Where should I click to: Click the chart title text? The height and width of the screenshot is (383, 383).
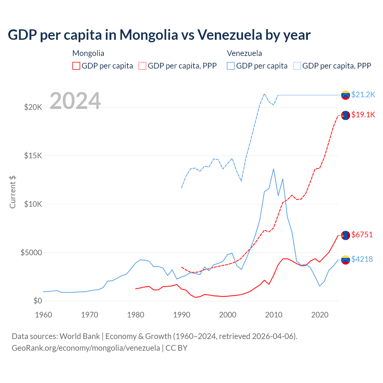[x=159, y=35]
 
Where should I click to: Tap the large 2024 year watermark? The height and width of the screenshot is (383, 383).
[x=75, y=101]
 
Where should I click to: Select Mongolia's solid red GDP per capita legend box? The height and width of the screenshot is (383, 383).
[x=76, y=66]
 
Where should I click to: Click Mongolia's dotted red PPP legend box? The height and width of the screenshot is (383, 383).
[x=143, y=66]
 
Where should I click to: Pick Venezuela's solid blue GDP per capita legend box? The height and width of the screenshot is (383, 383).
[x=231, y=66]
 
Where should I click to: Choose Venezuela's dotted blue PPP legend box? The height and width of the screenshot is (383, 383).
[x=297, y=66]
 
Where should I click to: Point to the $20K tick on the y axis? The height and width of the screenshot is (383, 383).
[x=33, y=107]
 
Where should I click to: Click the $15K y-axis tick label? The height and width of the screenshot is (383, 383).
[x=33, y=156]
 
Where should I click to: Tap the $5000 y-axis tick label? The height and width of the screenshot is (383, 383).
[x=31, y=253]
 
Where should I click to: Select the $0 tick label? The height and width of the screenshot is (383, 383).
[x=37, y=301]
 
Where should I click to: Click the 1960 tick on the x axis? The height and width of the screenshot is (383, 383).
[x=44, y=315]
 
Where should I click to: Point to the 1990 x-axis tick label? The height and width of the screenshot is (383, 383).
[x=182, y=315]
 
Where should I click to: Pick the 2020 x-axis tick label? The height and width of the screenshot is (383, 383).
[x=320, y=315]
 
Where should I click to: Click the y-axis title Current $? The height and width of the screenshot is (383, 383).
[x=13, y=192]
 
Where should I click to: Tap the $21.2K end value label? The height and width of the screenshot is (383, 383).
[x=363, y=95]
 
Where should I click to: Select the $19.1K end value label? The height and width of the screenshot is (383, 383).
[x=363, y=115]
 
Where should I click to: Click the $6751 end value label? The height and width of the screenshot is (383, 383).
[x=362, y=235]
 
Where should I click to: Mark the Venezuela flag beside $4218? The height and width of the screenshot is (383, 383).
[x=346, y=260]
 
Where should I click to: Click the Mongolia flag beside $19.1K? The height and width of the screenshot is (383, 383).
[x=346, y=115]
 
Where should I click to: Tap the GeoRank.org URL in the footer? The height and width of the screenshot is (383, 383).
[x=86, y=348]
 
